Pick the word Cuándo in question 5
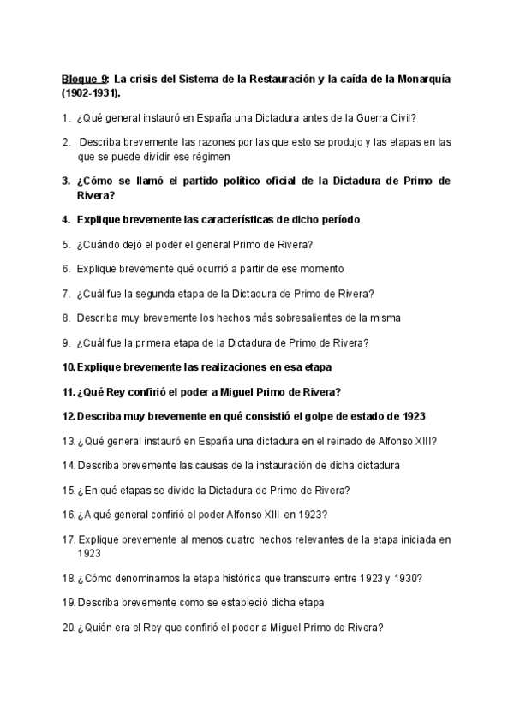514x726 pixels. pos(102,244)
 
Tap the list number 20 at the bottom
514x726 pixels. pos(69,627)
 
